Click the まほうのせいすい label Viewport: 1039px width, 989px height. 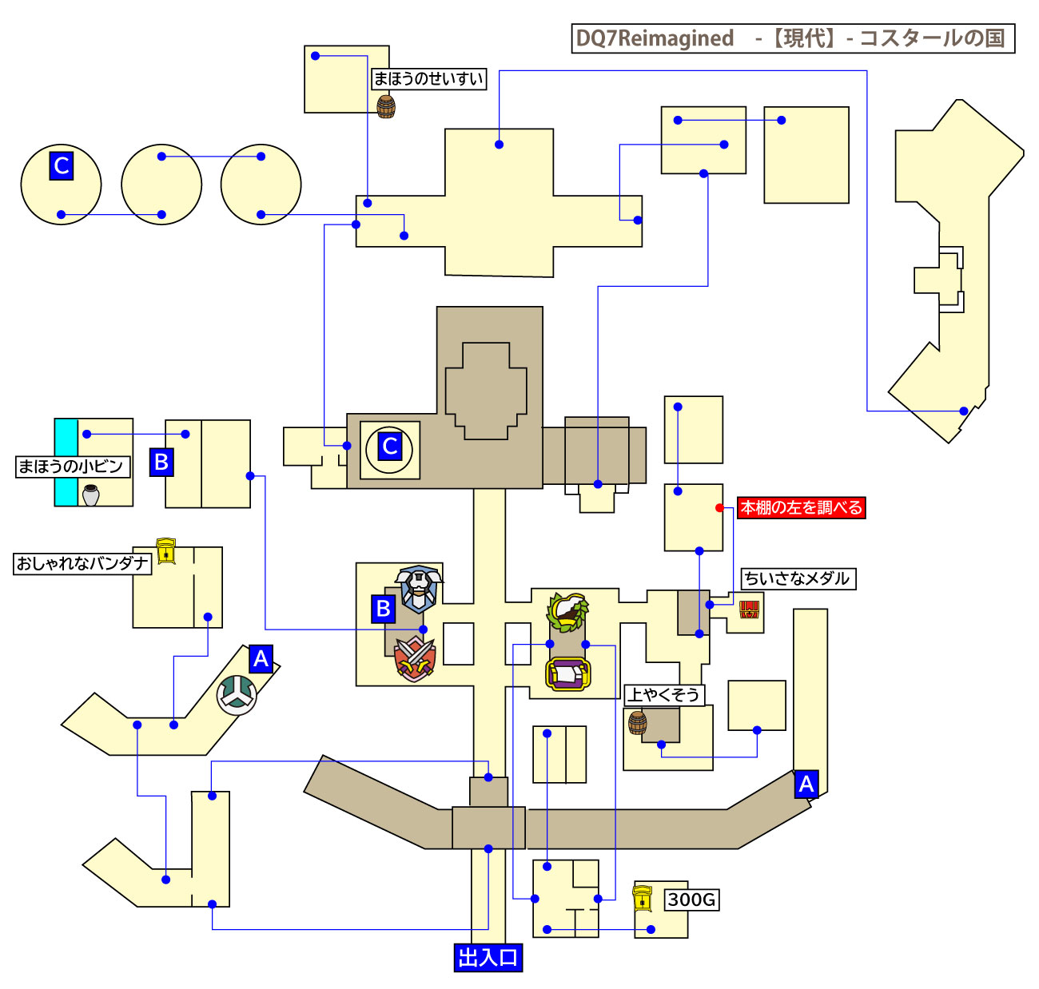click(428, 79)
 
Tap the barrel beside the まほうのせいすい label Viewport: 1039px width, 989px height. click(386, 106)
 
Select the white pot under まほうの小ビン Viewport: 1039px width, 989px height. click(91, 495)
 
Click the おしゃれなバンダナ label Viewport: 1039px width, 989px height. click(83, 563)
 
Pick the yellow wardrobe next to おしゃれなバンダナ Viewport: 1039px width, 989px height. click(166, 550)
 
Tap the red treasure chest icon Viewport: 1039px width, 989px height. click(749, 610)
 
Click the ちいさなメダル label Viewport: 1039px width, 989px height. click(798, 578)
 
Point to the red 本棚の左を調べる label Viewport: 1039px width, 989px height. click(801, 507)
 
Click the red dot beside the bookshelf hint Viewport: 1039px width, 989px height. click(719, 507)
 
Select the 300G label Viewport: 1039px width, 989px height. click(691, 900)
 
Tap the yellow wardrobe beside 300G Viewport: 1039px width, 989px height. click(642, 898)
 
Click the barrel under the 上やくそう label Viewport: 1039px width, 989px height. click(637, 722)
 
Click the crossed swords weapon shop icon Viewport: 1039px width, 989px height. click(415, 659)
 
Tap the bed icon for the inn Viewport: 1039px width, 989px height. click(567, 674)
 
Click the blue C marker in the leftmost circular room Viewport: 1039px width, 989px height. click(61, 165)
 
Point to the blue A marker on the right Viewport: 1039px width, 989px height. click(806, 784)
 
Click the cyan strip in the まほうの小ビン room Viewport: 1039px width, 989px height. click(66, 462)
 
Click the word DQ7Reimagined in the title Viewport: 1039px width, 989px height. click(655, 38)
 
